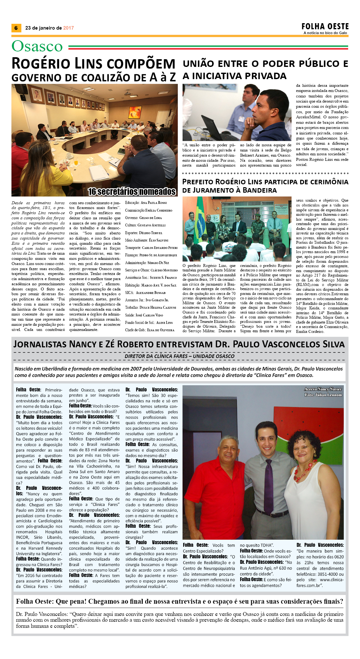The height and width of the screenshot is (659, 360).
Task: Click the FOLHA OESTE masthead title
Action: click(x=325, y=26)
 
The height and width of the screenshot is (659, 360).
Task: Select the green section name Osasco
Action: click(x=37, y=46)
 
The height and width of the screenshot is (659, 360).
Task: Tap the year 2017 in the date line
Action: click(x=68, y=28)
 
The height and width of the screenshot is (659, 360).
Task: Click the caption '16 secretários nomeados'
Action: click(x=132, y=192)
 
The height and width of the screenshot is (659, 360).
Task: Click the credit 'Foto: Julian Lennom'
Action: click(x=323, y=395)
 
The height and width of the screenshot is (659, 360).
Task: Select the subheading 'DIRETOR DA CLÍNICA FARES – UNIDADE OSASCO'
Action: click(x=179, y=356)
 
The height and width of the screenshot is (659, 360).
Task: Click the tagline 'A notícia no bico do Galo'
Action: click(x=325, y=33)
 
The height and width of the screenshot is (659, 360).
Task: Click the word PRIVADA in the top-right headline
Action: click(x=265, y=76)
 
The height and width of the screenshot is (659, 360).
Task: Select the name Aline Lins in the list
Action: click(x=164, y=322)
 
